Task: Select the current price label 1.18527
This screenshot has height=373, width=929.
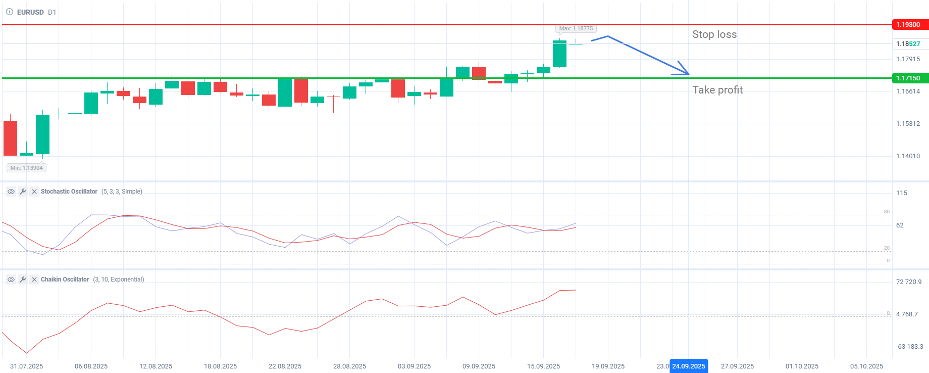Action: pos(908,44)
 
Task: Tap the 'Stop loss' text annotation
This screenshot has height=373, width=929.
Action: pos(714,34)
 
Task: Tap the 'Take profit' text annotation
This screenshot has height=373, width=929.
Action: pos(717,90)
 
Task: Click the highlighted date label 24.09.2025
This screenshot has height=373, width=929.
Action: pos(689,366)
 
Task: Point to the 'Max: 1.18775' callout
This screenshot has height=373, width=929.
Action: pos(576,29)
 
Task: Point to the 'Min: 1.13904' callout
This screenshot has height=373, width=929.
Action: pos(27,168)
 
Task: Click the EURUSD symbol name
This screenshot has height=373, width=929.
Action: pos(30,12)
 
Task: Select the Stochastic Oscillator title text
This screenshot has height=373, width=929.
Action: pos(69,192)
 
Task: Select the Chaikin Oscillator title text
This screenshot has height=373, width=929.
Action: pos(65,279)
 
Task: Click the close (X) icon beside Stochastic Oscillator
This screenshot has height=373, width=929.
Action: pos(34,192)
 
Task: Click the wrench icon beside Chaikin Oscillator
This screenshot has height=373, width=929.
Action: pos(23,279)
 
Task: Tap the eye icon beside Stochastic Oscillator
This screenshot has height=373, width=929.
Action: pos(11,192)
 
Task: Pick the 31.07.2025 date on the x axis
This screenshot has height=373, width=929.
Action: pos(26,366)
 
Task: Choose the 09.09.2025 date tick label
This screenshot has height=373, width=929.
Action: pos(479,366)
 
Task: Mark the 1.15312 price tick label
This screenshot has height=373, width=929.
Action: pos(908,124)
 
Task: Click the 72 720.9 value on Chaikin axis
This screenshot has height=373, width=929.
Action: pos(908,282)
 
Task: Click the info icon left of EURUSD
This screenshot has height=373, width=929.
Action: pos(10,12)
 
